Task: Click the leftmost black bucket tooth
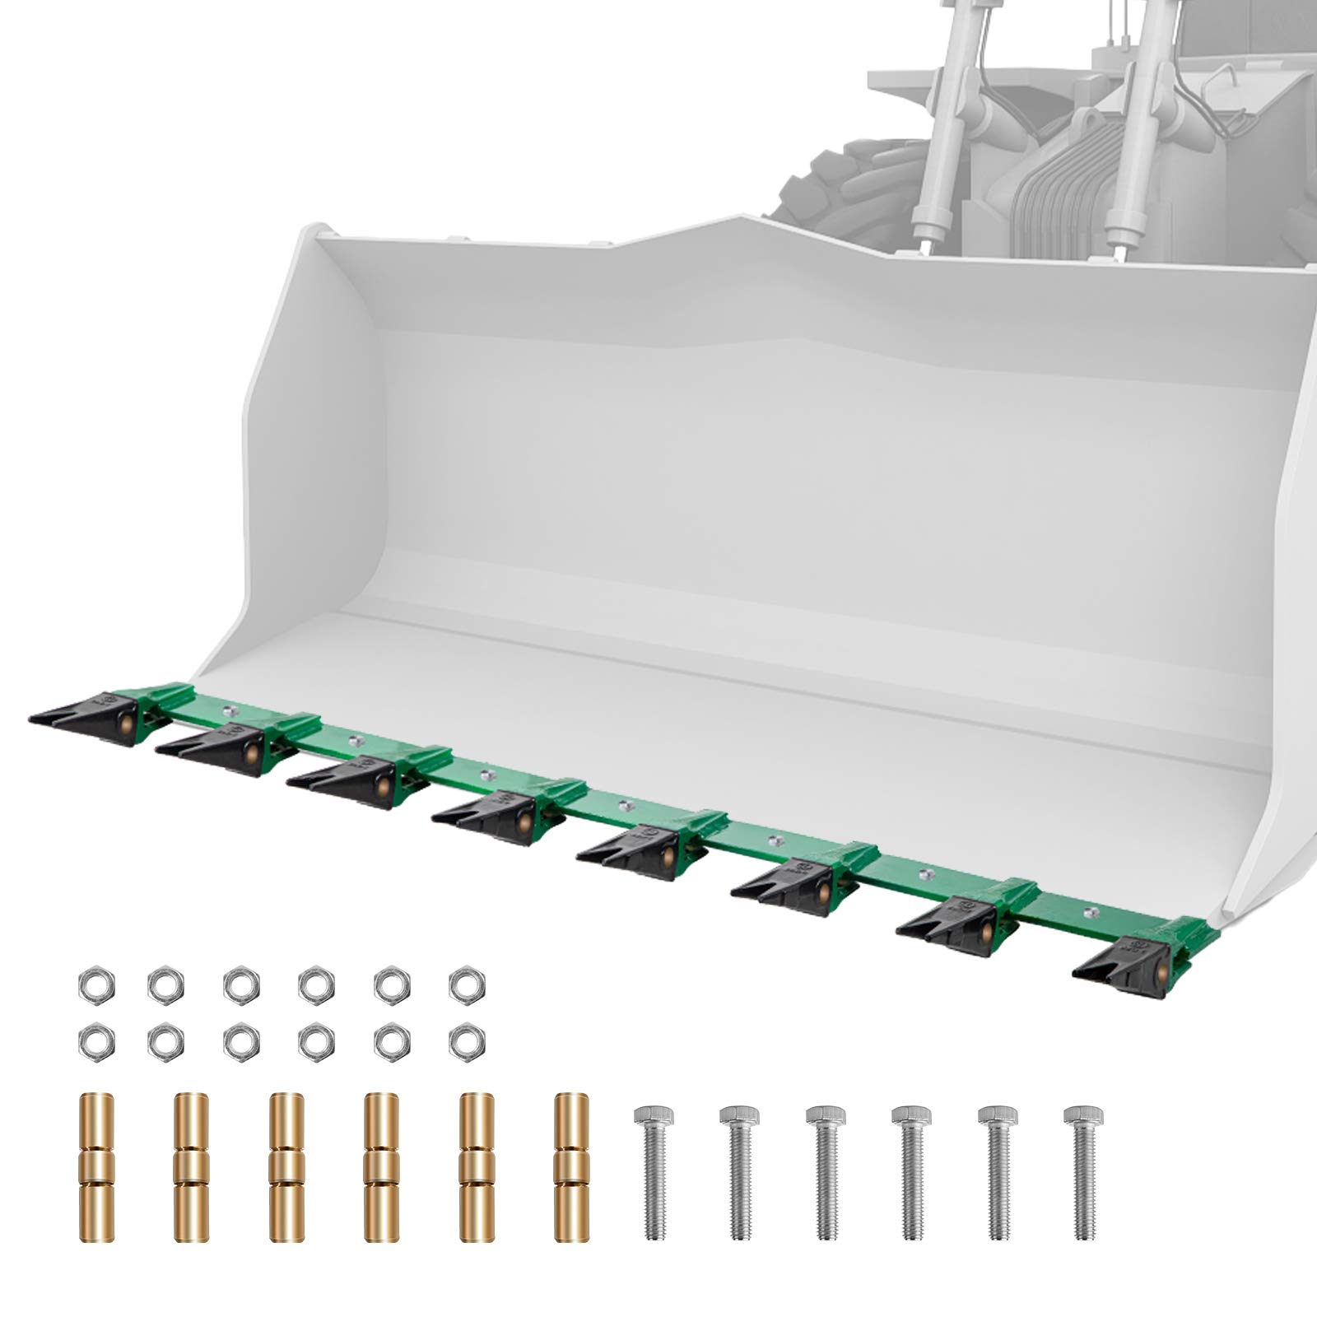click(82, 713)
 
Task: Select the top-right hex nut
click(468, 983)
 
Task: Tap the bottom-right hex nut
click(468, 1043)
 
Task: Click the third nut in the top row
click(240, 983)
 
